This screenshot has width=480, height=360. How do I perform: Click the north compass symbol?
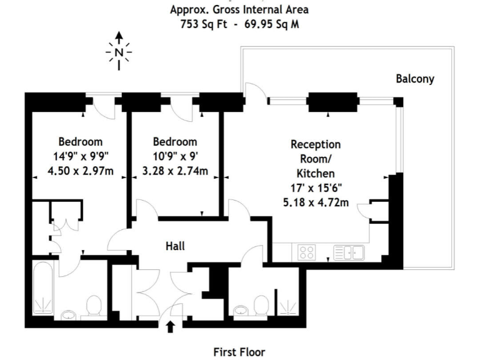point(119,51)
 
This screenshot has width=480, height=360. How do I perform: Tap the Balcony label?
point(414,79)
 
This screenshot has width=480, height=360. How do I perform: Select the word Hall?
point(175,246)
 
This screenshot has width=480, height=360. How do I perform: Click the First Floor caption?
point(240,352)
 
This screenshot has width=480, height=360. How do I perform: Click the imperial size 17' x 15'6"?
point(316,187)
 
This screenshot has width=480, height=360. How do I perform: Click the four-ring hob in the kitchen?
point(307,252)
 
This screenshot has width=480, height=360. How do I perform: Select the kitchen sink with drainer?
point(349,252)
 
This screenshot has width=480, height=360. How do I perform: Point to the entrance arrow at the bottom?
point(170,326)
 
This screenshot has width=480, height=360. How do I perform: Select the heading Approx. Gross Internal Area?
point(240,10)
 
